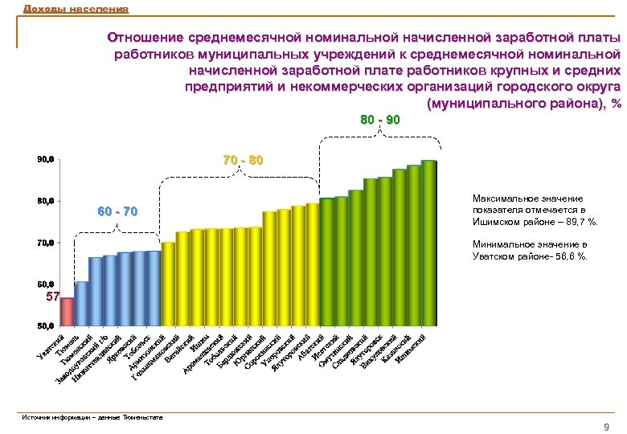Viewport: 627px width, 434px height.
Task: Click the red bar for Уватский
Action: click(x=68, y=312)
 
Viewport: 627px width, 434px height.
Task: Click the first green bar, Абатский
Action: click(x=326, y=262)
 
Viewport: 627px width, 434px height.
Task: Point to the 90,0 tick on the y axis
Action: click(x=45, y=160)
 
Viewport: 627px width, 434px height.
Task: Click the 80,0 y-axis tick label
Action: click(x=45, y=201)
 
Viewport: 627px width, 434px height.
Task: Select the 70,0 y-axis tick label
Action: click(x=45, y=242)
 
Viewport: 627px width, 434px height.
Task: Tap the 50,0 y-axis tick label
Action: click(x=45, y=326)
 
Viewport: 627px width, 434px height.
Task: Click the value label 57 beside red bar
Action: click(x=51, y=297)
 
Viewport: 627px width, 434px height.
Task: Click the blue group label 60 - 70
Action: click(x=117, y=212)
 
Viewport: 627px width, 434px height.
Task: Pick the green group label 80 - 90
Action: click(x=379, y=120)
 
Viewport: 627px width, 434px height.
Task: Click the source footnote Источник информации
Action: click(x=92, y=417)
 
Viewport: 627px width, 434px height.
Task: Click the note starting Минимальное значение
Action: click(x=530, y=250)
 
